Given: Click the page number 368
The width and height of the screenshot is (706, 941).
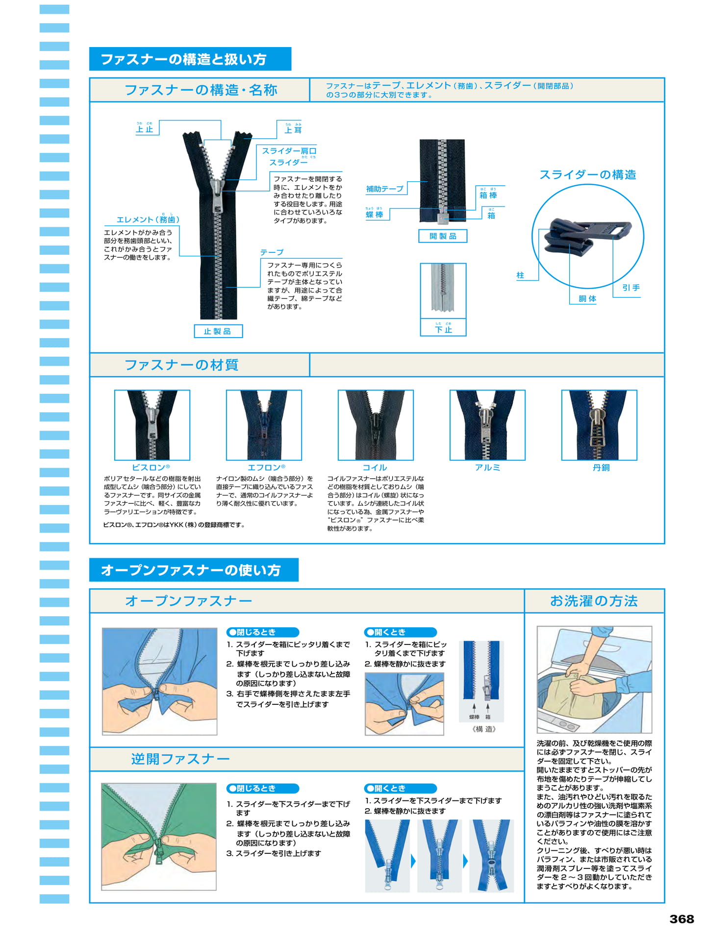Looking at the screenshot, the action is (x=681, y=918).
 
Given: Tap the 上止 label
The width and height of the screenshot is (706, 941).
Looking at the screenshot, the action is (x=145, y=129).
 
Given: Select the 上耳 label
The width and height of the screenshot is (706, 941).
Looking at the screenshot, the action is (x=293, y=129).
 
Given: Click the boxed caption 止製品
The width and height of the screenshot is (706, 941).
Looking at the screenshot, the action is (x=218, y=331).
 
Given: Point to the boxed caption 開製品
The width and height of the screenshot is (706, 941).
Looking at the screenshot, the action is (x=443, y=236).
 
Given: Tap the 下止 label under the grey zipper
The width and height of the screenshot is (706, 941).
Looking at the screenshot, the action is (x=443, y=329).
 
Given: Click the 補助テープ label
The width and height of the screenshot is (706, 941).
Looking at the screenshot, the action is (x=385, y=189).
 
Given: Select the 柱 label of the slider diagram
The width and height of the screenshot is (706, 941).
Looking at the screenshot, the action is (x=520, y=275).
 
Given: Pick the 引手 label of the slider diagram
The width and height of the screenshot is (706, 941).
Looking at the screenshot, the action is (x=631, y=288).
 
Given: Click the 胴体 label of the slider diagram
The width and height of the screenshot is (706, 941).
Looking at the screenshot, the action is (x=587, y=298).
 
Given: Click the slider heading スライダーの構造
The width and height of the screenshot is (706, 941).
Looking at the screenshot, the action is (x=588, y=175).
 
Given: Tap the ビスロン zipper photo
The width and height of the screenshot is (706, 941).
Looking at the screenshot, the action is (x=152, y=425).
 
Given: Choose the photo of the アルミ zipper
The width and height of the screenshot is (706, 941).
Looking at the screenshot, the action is (x=487, y=425).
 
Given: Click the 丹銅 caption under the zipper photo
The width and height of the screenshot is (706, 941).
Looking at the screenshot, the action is (x=601, y=468).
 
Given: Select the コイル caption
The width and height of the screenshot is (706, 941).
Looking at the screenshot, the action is (x=375, y=468).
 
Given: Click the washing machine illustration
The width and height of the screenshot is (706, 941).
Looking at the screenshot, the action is (x=594, y=679).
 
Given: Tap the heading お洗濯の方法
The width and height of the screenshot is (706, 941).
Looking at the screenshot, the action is (x=594, y=601).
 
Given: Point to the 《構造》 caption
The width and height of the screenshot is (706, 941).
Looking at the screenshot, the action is (x=484, y=729).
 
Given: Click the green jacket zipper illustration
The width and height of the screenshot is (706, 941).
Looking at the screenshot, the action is (x=159, y=837).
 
